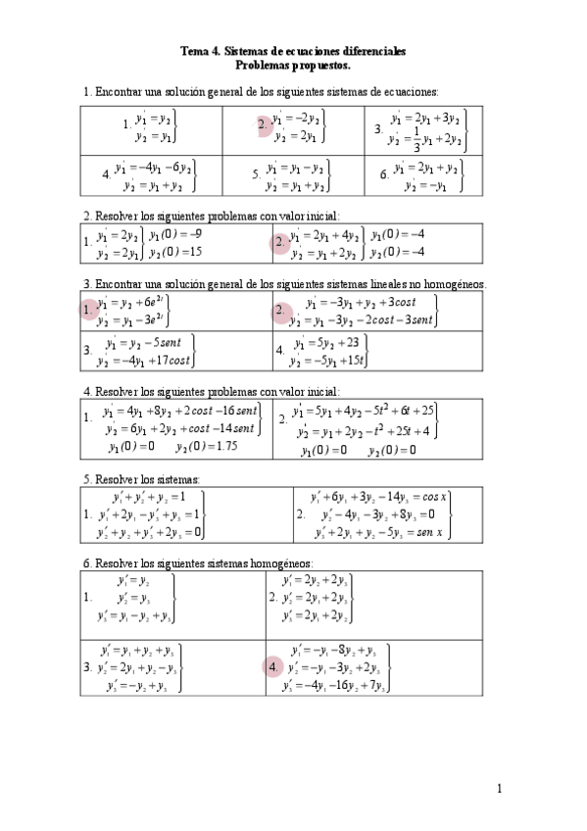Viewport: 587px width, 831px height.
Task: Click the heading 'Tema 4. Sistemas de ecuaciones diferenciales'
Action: point(293,50)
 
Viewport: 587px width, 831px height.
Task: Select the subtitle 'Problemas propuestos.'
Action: point(293,65)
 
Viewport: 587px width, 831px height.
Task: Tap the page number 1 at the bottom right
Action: point(500,788)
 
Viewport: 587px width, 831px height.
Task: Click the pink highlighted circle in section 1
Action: point(264,124)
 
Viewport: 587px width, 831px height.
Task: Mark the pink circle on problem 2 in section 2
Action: point(280,242)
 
